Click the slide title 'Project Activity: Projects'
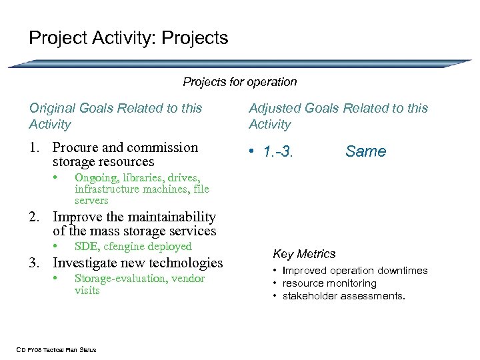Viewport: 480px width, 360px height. (128, 38)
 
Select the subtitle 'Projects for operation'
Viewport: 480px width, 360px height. (240, 82)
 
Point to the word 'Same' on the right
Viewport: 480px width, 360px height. (365, 151)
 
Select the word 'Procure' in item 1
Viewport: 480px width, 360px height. (77, 147)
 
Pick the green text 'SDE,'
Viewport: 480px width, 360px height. (87, 247)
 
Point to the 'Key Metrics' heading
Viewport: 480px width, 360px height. (304, 254)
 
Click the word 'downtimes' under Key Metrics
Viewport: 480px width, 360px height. (403, 271)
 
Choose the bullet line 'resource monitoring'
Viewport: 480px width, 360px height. (329, 283)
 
